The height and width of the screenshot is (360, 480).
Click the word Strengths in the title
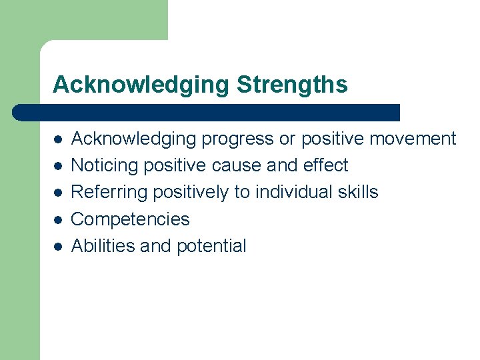point(292,85)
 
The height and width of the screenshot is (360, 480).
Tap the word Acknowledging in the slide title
point(141,85)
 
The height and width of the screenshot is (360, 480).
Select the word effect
point(326,165)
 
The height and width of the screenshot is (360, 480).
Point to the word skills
point(358,192)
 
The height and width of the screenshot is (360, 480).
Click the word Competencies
point(130,219)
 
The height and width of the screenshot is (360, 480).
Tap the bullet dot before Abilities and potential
point(58,247)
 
